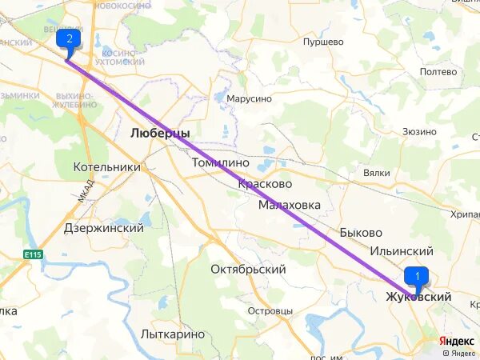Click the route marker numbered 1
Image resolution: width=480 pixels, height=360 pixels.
pos(417,275)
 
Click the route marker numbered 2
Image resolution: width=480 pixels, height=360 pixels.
pos(69,38)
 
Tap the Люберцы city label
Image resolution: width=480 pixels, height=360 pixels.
pos(160,134)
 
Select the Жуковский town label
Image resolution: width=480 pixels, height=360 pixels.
pos(418,297)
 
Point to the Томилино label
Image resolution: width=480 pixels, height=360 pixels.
pos(221,162)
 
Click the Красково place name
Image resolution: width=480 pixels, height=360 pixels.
pos(264,183)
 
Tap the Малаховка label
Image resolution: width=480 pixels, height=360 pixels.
pos(289,205)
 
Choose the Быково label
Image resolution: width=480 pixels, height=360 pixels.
pos(360,232)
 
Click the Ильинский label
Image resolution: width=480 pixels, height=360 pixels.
pos(401,251)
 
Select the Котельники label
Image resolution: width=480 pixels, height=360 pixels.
pos(106,167)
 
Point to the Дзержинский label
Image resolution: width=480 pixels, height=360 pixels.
pos(104,228)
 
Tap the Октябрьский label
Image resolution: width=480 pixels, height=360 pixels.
pos(248,270)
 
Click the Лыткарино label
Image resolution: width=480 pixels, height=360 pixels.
pos(172,334)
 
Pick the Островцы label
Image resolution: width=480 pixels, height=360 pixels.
pos(270,310)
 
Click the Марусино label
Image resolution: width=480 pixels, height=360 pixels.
pos(249,98)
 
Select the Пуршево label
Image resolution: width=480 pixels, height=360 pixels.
pos(323,42)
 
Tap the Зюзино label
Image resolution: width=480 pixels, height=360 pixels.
pos(419,131)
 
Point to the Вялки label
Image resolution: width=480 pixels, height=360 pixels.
pos(376,173)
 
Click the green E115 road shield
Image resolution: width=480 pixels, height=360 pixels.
pos(32,254)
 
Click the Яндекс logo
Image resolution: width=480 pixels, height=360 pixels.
pos(457,341)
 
